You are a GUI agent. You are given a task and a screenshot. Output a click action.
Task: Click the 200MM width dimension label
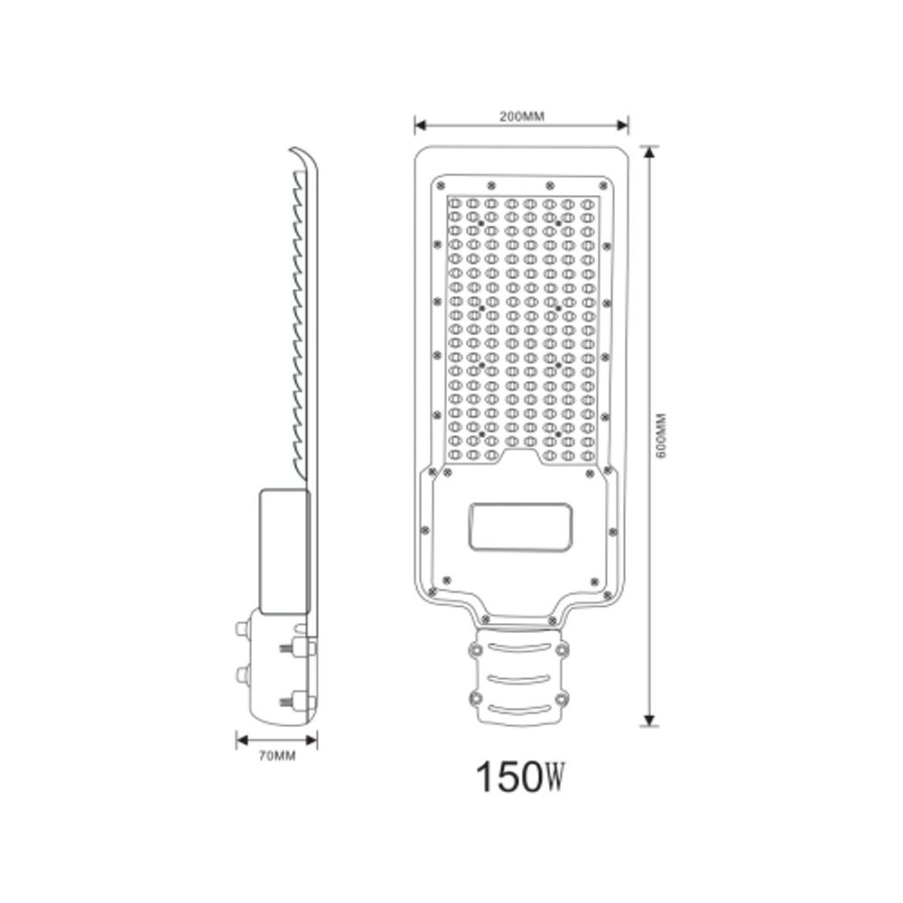pyautogui.click(x=520, y=116)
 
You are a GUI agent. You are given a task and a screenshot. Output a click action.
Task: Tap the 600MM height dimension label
pyautogui.click(x=662, y=436)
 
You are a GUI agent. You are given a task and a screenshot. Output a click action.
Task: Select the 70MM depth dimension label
pyautogui.click(x=277, y=756)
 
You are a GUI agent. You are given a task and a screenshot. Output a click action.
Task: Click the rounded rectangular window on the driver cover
pyautogui.click(x=520, y=526)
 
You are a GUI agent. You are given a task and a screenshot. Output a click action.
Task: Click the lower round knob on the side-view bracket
pyautogui.click(x=241, y=675)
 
